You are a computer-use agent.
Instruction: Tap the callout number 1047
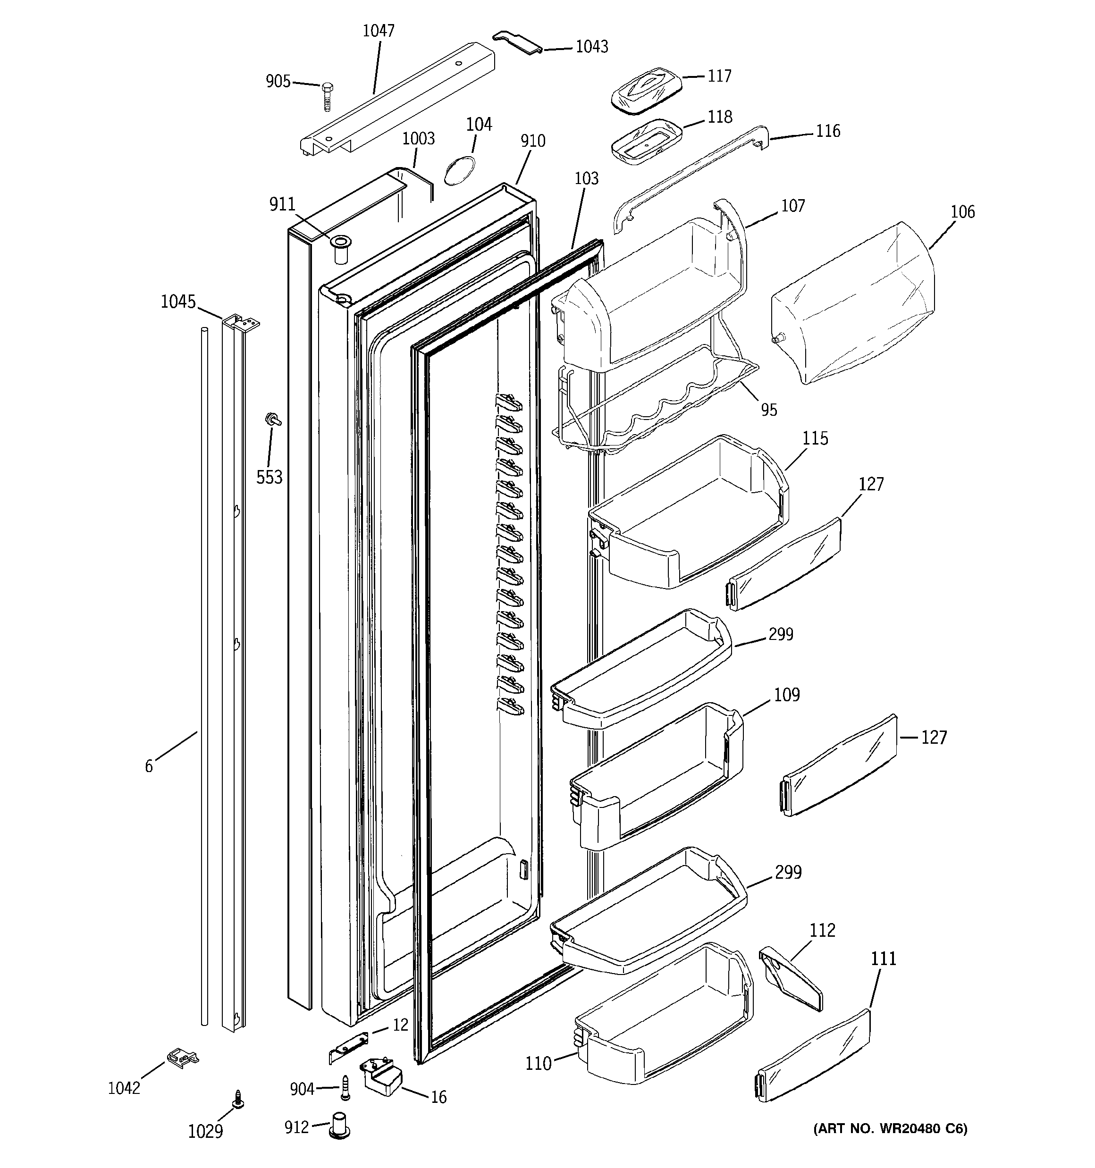(378, 31)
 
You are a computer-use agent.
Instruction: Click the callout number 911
(282, 204)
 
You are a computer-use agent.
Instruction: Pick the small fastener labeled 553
(273, 419)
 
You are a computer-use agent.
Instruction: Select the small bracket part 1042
(182, 1057)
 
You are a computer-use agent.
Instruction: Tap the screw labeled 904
(345, 1089)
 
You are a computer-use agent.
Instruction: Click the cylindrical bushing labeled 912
(340, 1127)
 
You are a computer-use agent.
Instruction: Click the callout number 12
(400, 1025)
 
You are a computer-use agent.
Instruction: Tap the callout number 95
(769, 410)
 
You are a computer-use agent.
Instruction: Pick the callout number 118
(719, 117)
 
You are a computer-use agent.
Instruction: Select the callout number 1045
(178, 302)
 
